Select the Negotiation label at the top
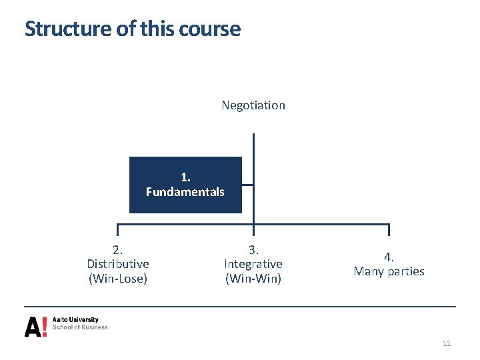click(253, 105)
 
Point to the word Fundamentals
click(185, 192)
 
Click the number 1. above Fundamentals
click(185, 177)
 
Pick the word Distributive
click(118, 264)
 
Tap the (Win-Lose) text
click(118, 279)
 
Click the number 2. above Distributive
click(118, 250)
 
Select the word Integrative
click(253, 264)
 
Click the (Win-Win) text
click(253, 279)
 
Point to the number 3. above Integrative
click(253, 250)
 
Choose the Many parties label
click(389, 271)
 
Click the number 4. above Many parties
click(389, 257)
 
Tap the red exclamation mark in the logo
click(44, 326)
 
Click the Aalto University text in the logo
click(75, 320)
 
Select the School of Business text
click(80, 327)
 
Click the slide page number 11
click(447, 343)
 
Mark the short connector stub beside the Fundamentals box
click(247, 185)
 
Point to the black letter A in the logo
click(32, 327)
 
